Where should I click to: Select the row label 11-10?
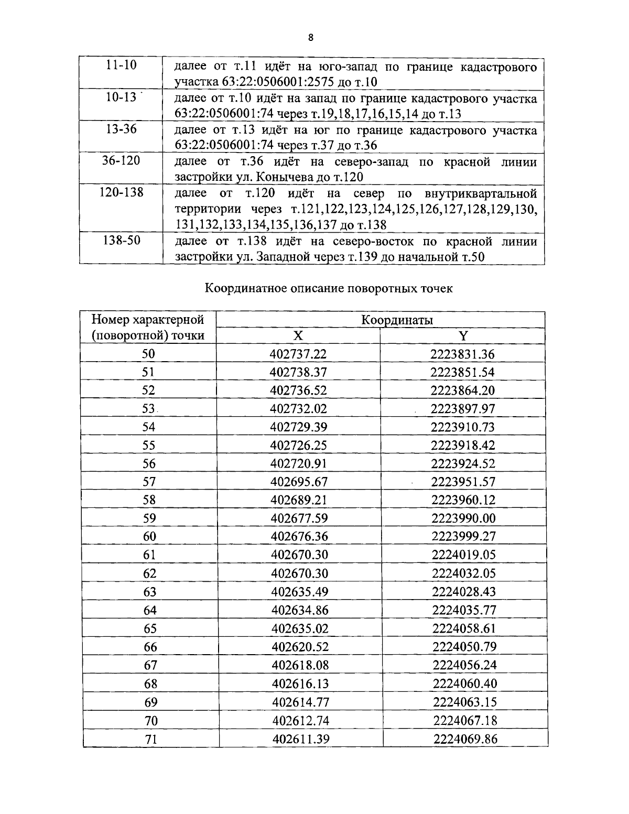pyautogui.click(x=121, y=66)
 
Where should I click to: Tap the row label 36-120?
pyautogui.click(x=121, y=160)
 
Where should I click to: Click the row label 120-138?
pyautogui.click(x=121, y=192)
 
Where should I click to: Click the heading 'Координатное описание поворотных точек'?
pyautogui.click(x=328, y=288)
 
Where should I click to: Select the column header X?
pyautogui.click(x=298, y=336)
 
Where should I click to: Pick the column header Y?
pyautogui.click(x=463, y=336)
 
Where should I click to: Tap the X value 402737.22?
pyautogui.click(x=298, y=354)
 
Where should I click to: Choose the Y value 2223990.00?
pyautogui.click(x=463, y=518)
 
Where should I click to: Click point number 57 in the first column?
pyautogui.click(x=149, y=482)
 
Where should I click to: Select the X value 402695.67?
pyautogui.click(x=298, y=482)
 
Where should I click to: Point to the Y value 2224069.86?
pyautogui.click(x=465, y=739)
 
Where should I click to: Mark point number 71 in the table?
pyautogui.click(x=150, y=739)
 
